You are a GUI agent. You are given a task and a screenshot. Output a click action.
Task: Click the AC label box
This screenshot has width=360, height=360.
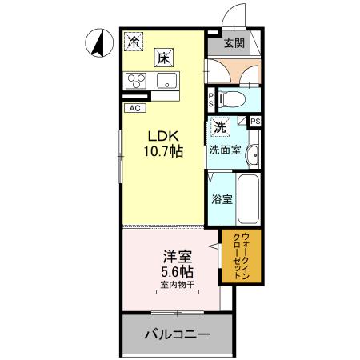tap(133, 106)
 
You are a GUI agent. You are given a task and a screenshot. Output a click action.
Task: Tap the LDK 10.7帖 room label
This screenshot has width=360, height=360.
tap(163, 142)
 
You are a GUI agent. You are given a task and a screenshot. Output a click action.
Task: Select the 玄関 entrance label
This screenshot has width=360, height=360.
tap(234, 42)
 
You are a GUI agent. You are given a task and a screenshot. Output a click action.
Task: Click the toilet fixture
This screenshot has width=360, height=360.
tap(233, 101)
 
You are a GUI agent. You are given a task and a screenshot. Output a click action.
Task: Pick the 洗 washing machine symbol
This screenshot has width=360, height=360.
tap(219, 126)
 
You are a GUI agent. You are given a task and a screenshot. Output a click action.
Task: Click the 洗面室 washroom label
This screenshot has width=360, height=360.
tap(225, 150)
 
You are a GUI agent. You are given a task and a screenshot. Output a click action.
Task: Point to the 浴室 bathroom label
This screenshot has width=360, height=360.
tap(222, 199)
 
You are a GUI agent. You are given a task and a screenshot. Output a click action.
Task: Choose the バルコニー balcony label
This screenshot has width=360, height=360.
tap(177, 334)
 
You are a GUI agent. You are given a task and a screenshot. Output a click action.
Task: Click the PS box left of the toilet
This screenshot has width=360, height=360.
tap(210, 101)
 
